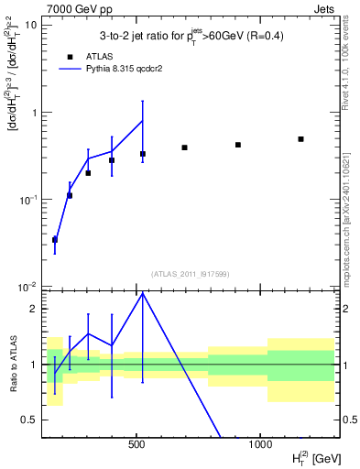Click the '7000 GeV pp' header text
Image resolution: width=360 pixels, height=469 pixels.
coord(74,7)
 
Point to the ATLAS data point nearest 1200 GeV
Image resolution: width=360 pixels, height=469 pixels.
coord(300,139)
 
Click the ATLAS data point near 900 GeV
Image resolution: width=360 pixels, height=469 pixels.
coord(238,145)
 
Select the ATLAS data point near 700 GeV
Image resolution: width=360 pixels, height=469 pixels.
coord(184,147)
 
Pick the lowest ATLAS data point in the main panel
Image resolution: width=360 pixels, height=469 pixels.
coord(55,240)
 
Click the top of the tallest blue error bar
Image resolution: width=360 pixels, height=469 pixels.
coord(142,101)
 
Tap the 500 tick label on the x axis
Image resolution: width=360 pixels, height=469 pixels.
coord(136,443)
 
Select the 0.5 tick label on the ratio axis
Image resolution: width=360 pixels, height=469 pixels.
coord(31,420)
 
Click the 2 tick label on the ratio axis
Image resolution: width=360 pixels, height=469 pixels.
coord(35,309)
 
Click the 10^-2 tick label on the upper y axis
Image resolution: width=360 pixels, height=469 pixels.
coord(28,287)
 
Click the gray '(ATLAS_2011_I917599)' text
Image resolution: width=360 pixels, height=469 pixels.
coord(191,274)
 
